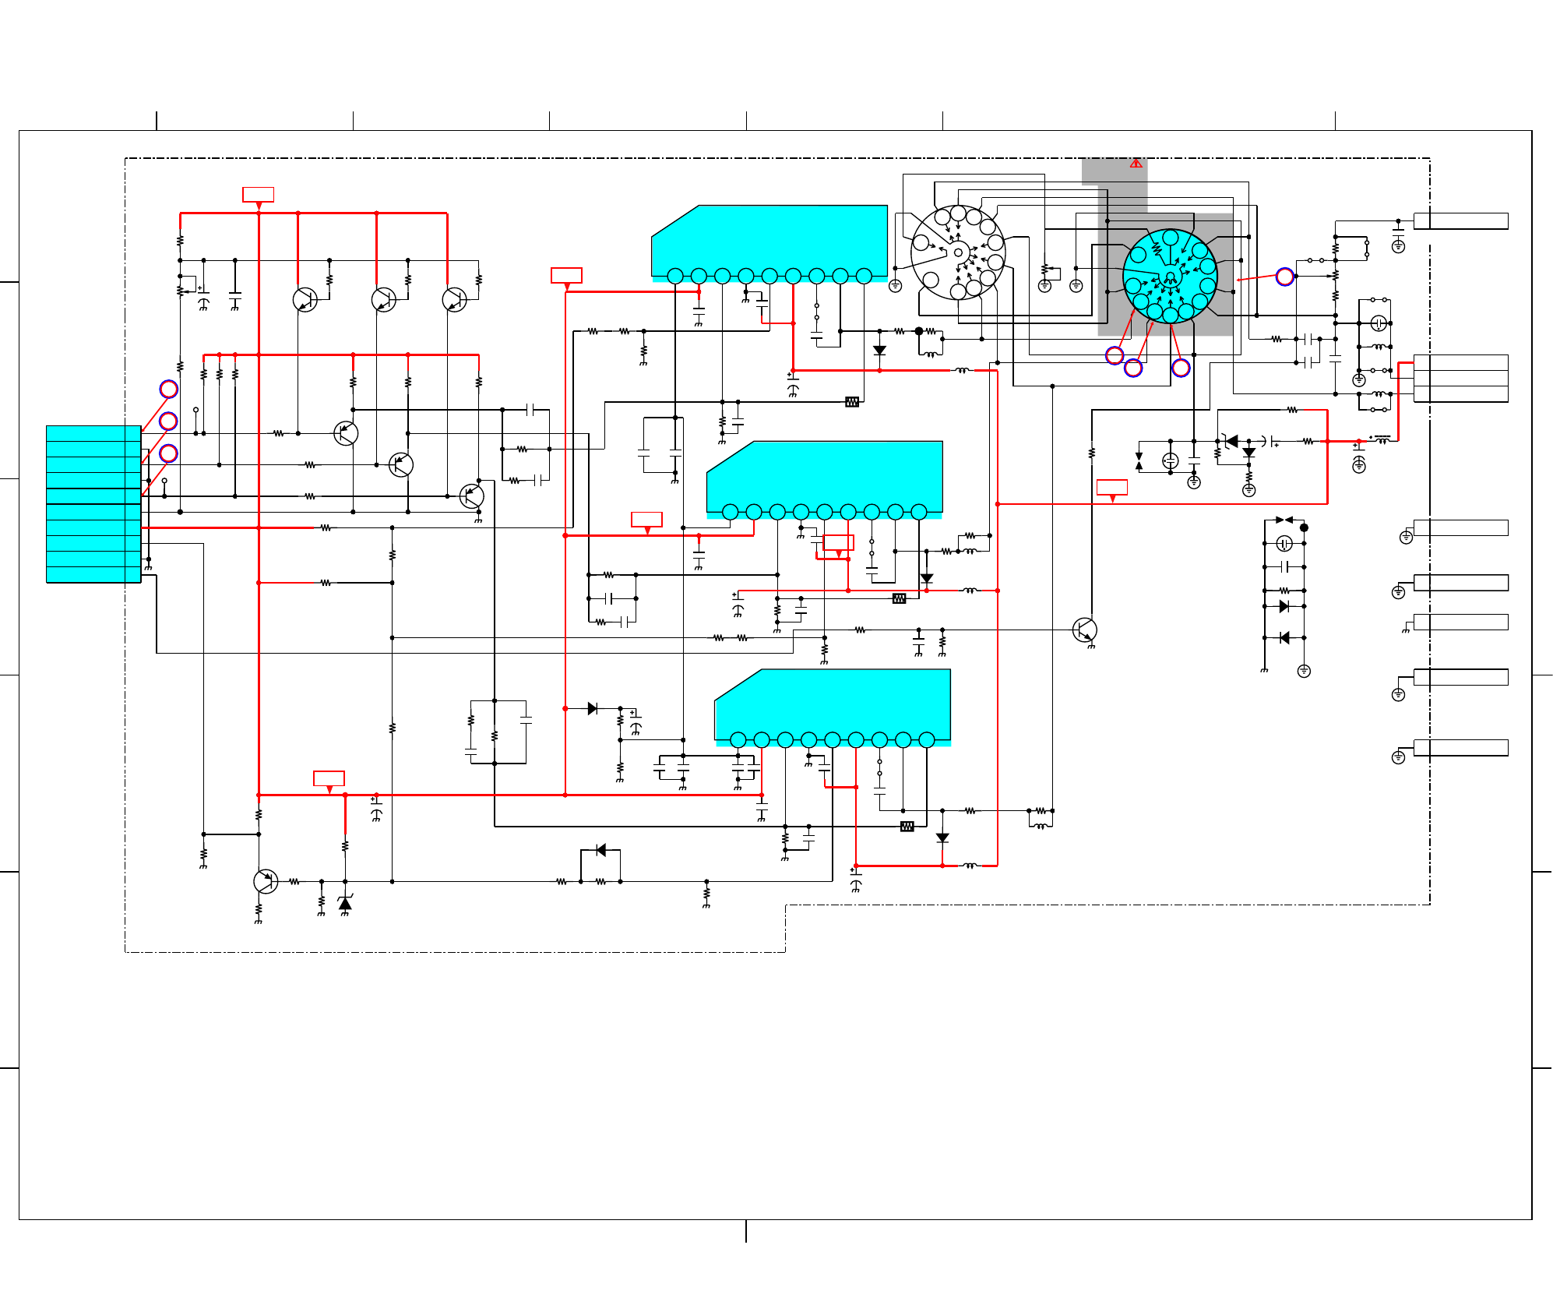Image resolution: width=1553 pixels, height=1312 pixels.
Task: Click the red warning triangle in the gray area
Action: pyautogui.click(x=1136, y=164)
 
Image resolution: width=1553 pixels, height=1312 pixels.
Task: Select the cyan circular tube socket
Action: pyautogui.click(x=1169, y=276)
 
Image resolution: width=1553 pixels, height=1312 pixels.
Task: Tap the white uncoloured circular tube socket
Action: pyautogui.click(x=958, y=252)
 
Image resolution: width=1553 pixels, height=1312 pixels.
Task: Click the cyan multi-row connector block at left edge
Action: pyautogui.click(x=93, y=503)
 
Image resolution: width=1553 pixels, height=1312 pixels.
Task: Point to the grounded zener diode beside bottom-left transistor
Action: pyautogui.click(x=345, y=903)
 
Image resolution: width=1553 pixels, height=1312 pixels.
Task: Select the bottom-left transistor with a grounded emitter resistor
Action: pyautogui.click(x=266, y=881)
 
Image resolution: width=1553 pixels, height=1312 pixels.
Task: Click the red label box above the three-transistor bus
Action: pyautogui.click(x=258, y=194)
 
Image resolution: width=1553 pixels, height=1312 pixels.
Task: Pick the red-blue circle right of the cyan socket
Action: pyautogui.click(x=1284, y=276)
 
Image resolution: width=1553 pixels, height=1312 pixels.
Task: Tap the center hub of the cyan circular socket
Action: pyautogui.click(x=1169, y=277)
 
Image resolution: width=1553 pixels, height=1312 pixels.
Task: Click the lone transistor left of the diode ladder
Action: pyautogui.click(x=1084, y=630)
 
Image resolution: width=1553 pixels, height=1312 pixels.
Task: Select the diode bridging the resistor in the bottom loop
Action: pyautogui.click(x=600, y=850)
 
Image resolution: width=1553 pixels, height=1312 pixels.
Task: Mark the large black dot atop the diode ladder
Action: pyautogui.click(x=1304, y=527)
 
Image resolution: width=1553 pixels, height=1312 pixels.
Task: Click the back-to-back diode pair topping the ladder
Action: pyautogui.click(x=1284, y=520)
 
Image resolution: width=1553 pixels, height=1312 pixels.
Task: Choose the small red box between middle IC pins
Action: pyautogui.click(x=838, y=542)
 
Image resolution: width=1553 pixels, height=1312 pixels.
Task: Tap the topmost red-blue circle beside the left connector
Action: pyautogui.click(x=168, y=389)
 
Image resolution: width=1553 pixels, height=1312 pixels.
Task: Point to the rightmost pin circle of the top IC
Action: pyautogui.click(x=864, y=276)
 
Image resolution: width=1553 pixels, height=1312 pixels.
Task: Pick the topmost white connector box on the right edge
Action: pyautogui.click(x=1460, y=220)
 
